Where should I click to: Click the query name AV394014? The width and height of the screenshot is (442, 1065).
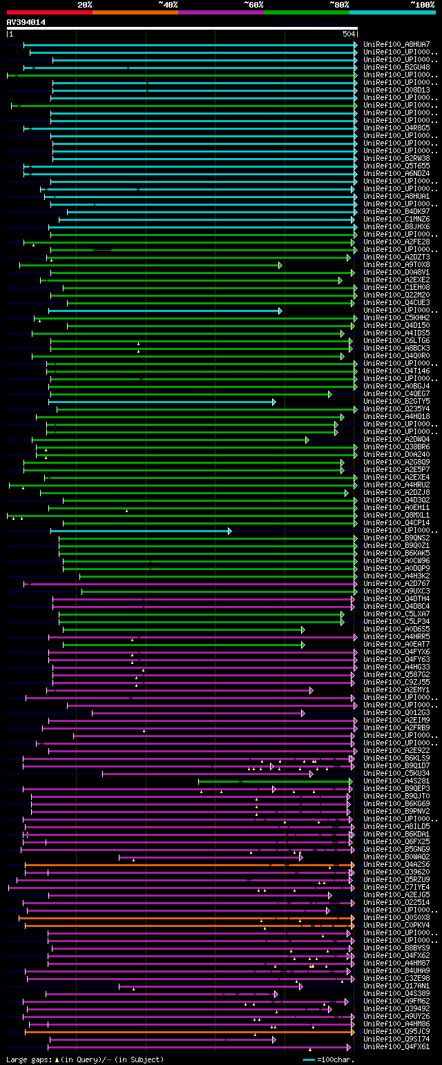(x=26, y=22)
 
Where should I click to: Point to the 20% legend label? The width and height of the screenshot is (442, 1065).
(x=85, y=4)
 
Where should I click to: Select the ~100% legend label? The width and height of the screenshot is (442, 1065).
(x=422, y=4)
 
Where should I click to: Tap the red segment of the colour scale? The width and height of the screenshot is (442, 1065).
(x=49, y=12)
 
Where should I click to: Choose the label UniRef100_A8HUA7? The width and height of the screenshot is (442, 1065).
(x=396, y=45)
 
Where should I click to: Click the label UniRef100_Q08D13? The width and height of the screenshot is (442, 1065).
(x=396, y=90)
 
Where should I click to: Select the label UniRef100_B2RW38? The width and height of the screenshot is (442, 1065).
(x=396, y=158)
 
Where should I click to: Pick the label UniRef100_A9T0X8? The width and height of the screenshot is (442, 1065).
(x=396, y=264)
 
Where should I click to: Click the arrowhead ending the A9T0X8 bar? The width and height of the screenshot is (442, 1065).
(x=280, y=265)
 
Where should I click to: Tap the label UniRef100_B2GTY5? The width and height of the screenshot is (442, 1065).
(x=396, y=401)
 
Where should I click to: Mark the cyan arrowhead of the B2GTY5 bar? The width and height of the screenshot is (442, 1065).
(x=273, y=401)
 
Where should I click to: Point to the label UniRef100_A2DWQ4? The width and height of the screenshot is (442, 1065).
(x=396, y=439)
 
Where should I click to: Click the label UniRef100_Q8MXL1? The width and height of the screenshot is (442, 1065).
(x=396, y=515)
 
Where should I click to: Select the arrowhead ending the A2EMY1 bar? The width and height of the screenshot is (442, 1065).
(x=311, y=690)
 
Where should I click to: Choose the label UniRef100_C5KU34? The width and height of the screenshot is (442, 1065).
(x=396, y=773)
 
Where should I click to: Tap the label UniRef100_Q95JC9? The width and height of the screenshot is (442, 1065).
(x=396, y=1031)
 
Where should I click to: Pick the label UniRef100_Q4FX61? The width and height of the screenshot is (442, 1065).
(x=396, y=1046)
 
